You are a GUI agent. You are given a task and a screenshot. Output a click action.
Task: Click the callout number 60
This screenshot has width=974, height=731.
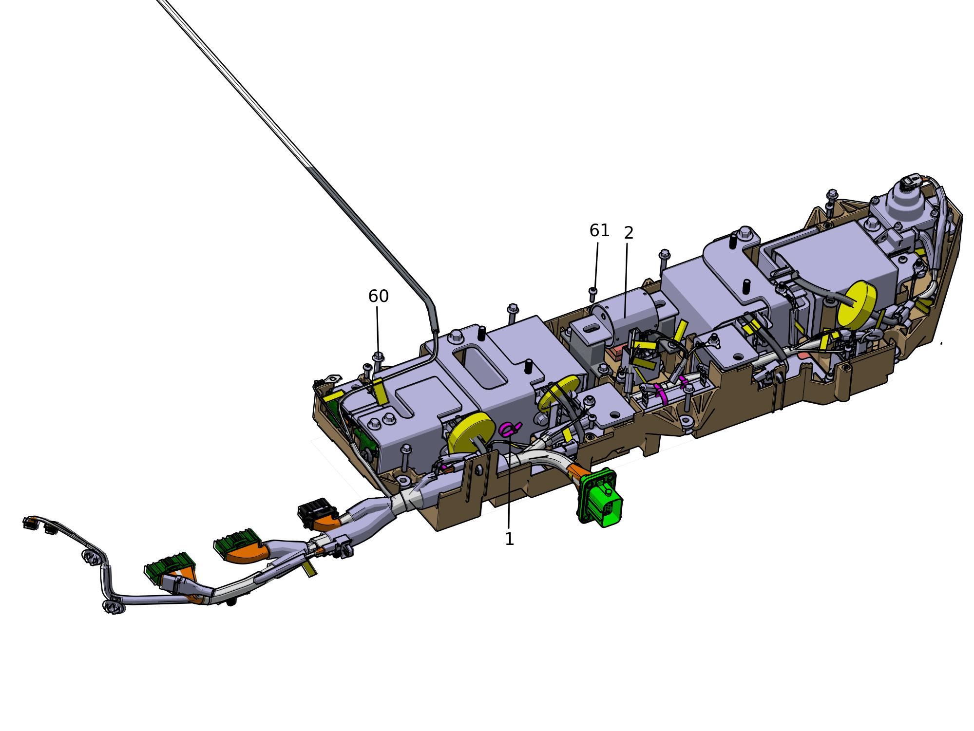378,296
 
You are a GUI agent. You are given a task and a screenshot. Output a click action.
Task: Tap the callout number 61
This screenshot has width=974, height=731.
599,230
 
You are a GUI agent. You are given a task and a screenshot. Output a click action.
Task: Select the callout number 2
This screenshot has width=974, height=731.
629,233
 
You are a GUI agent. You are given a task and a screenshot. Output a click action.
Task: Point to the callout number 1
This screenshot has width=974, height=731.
509,539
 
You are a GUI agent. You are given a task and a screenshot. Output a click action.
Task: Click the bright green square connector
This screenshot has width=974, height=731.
600,498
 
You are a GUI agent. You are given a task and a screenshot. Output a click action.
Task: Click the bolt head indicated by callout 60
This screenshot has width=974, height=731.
378,357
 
